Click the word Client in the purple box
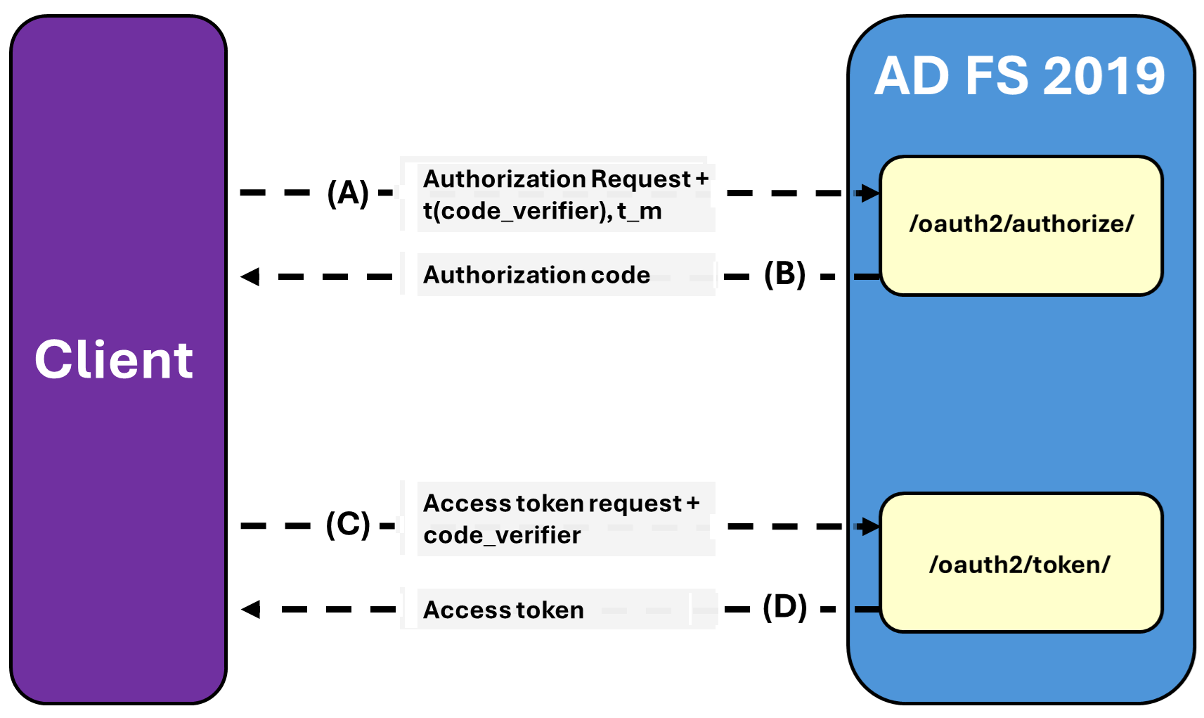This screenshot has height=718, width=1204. point(114,359)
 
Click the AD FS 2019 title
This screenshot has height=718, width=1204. point(1019,76)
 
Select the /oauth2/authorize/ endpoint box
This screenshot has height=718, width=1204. point(1021,224)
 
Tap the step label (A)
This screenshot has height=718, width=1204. point(348,193)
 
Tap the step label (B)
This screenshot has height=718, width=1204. point(784,274)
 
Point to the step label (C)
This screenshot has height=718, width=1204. point(348,525)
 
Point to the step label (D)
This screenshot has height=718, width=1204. point(784,607)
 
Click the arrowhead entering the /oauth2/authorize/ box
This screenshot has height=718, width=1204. point(869,193)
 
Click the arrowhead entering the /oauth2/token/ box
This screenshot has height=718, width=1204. point(869,526)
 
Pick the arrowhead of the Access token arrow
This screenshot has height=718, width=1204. point(251,609)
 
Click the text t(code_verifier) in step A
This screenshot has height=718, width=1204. point(517,211)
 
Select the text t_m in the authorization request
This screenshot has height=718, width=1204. point(640,211)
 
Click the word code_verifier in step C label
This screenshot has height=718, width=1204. point(502,536)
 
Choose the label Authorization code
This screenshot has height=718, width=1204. point(536,275)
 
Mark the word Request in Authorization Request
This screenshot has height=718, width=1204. point(641,179)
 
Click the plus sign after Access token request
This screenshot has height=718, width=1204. point(693,503)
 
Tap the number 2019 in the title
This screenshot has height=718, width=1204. point(1104,76)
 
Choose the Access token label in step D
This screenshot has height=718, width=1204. point(503,610)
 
